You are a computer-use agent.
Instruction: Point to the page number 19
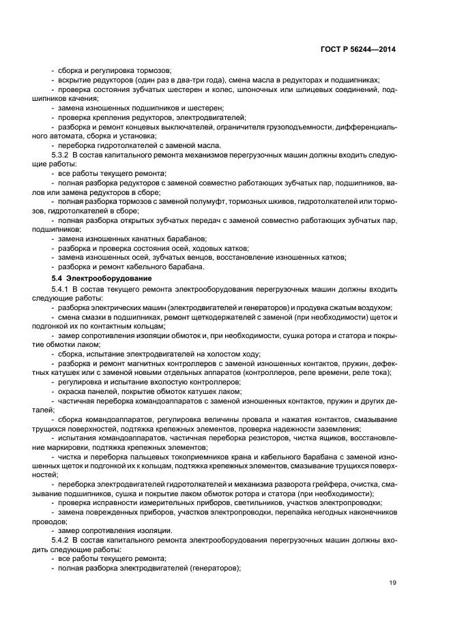click(392, 583)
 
